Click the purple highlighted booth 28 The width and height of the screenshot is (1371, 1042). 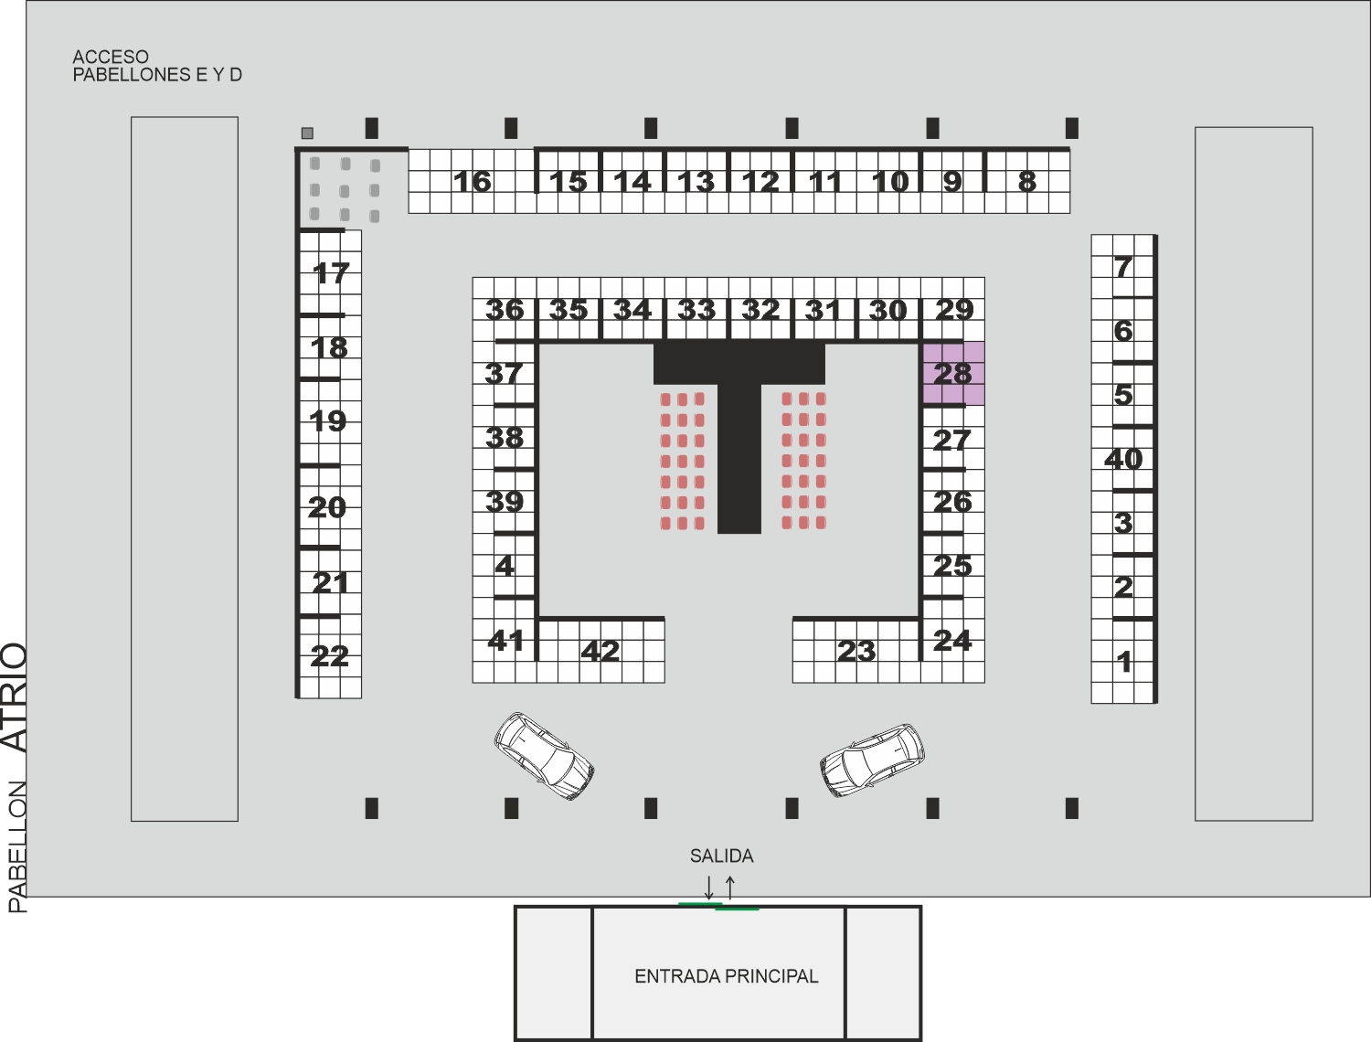click(954, 373)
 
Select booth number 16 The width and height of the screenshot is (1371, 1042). click(473, 182)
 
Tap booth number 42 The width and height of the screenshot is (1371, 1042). click(600, 651)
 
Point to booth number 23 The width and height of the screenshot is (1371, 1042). click(856, 651)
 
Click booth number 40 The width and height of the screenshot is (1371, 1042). click(1123, 459)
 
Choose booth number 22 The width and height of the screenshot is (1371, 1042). click(329, 656)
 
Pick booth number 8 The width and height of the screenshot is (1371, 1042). click(1026, 182)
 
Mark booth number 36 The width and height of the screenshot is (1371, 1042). click(505, 310)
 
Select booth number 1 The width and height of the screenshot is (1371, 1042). click(1124, 662)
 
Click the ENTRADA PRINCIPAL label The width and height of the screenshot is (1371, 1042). click(727, 976)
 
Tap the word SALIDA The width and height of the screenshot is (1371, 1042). click(721, 856)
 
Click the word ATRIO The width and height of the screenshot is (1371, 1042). click(15, 697)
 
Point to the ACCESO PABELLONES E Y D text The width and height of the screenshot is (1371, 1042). click(157, 66)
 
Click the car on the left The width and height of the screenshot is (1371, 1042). click(544, 756)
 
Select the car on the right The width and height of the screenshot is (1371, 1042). click(872, 760)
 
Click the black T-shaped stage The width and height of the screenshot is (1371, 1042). click(739, 437)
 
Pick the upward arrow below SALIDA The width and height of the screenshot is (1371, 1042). click(730, 888)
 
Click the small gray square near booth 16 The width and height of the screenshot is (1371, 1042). click(307, 133)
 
